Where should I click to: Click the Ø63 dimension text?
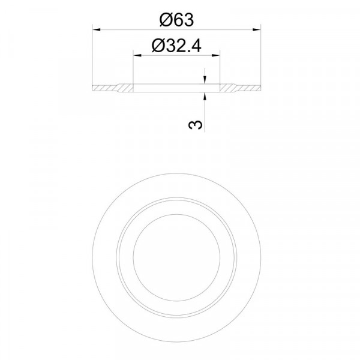point(176,20)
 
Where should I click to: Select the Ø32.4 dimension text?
point(176,46)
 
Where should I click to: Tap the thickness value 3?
point(196,125)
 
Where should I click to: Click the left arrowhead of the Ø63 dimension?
point(97,29)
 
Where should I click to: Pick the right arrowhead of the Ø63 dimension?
point(256,29)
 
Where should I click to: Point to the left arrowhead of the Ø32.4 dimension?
point(137,55)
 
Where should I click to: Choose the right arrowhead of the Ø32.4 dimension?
point(215,55)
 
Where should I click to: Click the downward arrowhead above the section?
point(205,80)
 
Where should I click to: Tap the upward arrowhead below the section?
point(205,97)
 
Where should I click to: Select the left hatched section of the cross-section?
point(113,88)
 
